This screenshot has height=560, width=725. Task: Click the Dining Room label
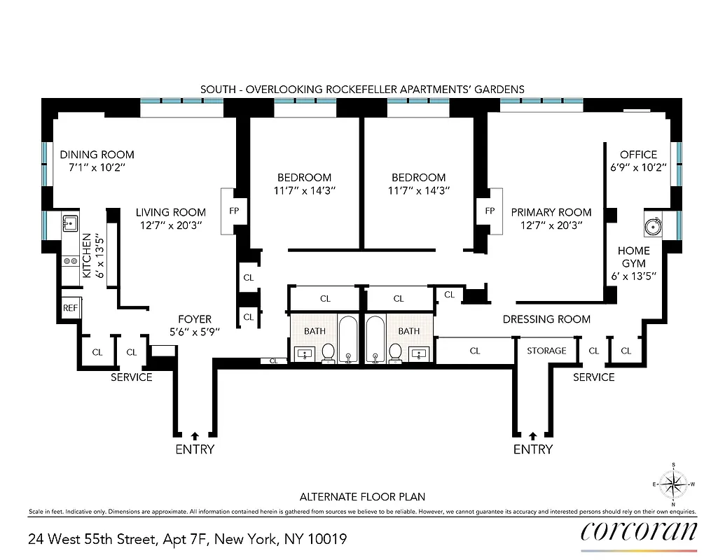(x=97, y=155)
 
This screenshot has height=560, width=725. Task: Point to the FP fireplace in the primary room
(x=490, y=210)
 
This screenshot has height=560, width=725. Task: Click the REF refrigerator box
(x=70, y=307)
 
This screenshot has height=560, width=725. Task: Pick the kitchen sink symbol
(x=70, y=223)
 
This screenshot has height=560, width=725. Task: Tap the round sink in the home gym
(x=653, y=226)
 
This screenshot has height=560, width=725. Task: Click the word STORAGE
(x=546, y=351)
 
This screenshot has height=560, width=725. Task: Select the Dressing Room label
(x=546, y=319)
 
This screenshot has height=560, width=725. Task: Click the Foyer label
(x=195, y=319)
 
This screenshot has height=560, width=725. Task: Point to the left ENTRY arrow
(x=195, y=435)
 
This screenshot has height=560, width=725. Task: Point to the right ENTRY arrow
(x=533, y=435)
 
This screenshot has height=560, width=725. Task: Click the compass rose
(x=673, y=484)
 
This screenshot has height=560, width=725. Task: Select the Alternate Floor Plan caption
(x=362, y=497)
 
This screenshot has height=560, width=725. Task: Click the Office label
(x=638, y=155)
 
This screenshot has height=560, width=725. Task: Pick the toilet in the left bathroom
(x=328, y=352)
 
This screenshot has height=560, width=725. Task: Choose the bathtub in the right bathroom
(x=376, y=339)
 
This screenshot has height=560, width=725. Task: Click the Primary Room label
(x=551, y=212)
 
